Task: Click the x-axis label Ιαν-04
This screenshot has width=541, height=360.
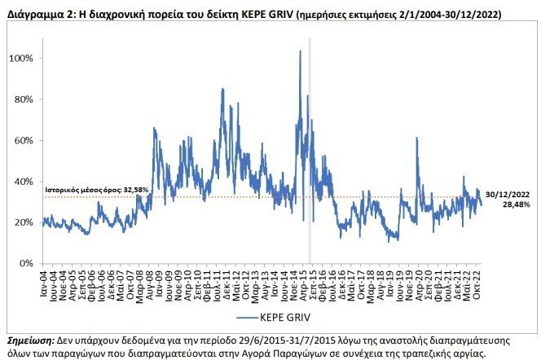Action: (x=46, y=281)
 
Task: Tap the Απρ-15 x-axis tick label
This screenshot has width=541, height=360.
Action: (x=305, y=281)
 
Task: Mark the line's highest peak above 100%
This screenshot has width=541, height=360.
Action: (x=300, y=51)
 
